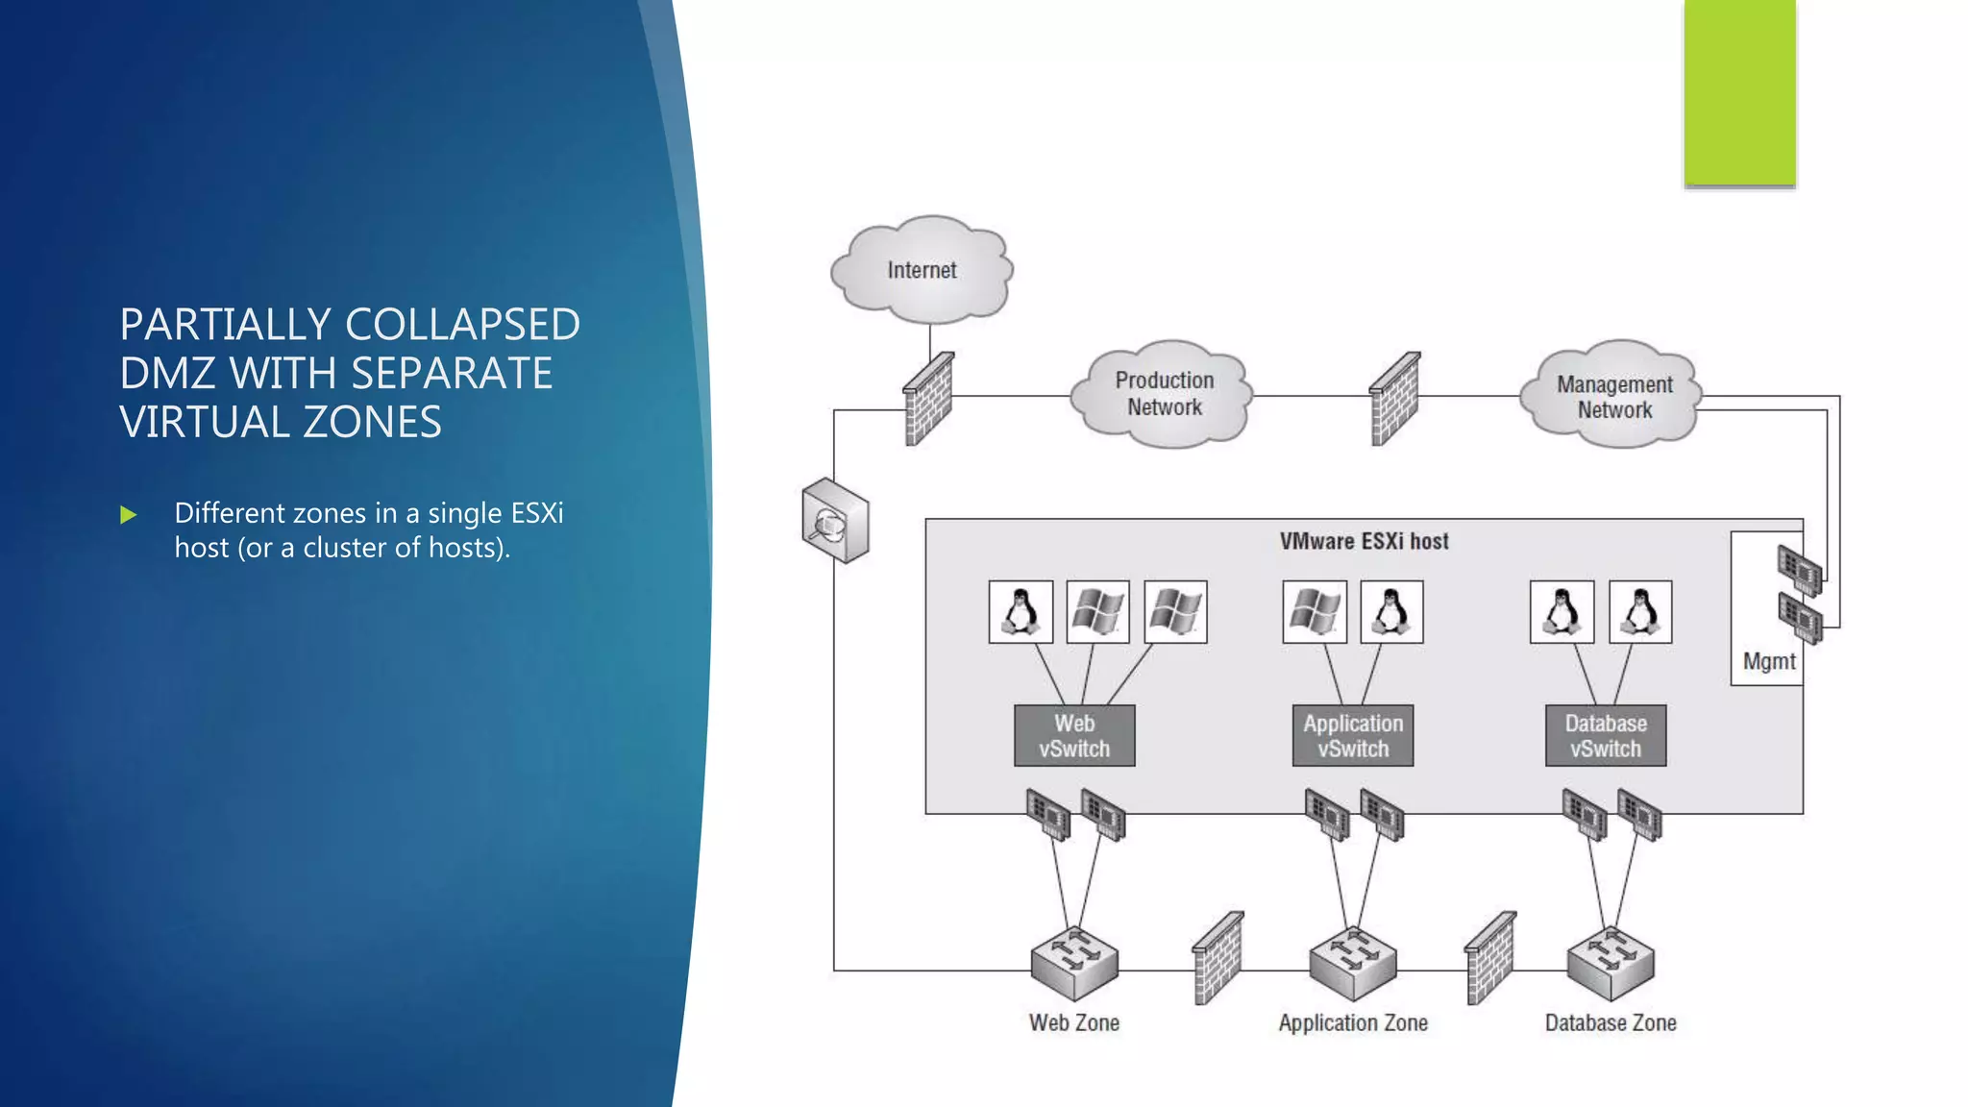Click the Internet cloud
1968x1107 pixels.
922,270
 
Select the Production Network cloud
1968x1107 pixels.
1164,394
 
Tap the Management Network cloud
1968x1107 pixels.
1613,396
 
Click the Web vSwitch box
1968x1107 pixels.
1074,736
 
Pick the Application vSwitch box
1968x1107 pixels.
1353,736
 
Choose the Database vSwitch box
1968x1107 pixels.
1606,736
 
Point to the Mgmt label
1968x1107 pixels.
1769,661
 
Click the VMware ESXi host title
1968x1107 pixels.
1364,541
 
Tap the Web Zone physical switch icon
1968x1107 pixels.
1074,963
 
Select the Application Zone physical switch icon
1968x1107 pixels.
1353,963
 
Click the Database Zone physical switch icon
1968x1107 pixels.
1611,963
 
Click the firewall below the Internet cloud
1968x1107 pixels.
928,399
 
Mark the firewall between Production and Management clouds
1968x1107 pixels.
1394,399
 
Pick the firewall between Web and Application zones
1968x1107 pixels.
1218,958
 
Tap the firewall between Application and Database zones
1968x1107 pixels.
1490,958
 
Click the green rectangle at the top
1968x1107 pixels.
1739,92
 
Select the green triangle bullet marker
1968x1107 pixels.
129,516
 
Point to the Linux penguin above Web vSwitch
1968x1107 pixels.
1021,611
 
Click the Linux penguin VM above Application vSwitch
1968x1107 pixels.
1391,611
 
